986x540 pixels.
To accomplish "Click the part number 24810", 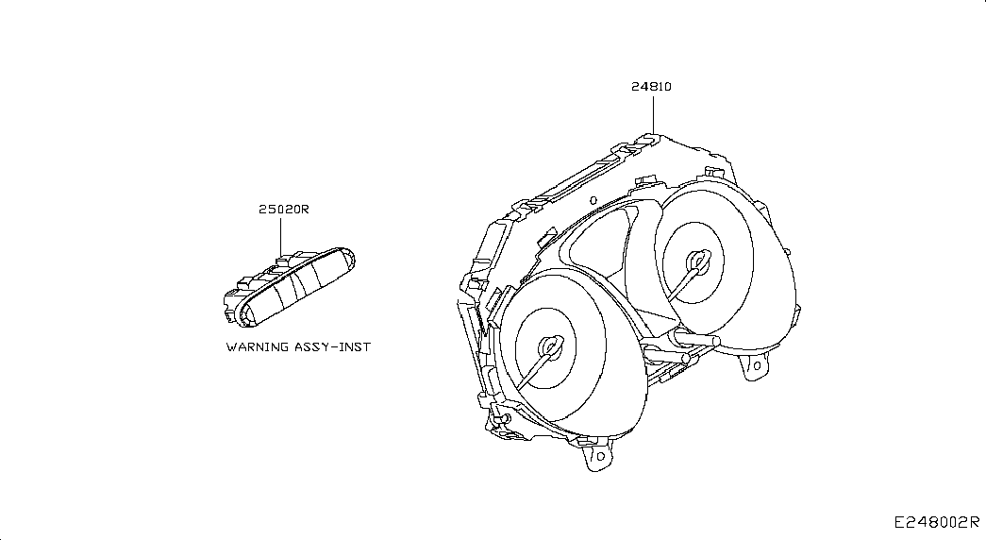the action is coord(651,87).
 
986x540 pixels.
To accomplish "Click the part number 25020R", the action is coord(284,209).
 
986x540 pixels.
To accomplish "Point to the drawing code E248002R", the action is coord(937,522).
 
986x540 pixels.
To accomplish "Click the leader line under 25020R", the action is coord(280,236).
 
